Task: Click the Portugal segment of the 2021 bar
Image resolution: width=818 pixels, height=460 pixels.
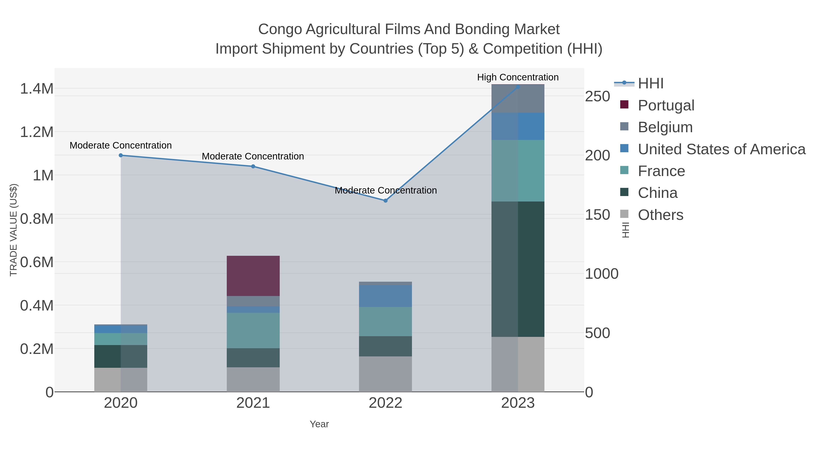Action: pyautogui.click(x=253, y=276)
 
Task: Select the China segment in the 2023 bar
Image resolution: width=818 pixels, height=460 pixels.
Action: pyautogui.click(x=518, y=269)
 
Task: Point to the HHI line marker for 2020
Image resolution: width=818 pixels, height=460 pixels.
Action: pyautogui.click(x=121, y=155)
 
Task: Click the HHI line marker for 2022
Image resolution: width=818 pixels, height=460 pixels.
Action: pyautogui.click(x=386, y=201)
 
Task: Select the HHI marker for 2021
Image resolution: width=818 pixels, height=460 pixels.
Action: pyautogui.click(x=253, y=166)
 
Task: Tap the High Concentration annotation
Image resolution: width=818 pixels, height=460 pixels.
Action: pyautogui.click(x=518, y=77)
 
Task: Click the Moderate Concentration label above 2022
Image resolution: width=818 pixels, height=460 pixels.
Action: pyautogui.click(x=386, y=191)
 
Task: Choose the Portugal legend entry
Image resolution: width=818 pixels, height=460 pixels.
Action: pyautogui.click(x=666, y=105)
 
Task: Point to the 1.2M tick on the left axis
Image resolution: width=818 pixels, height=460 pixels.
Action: pyautogui.click(x=37, y=132)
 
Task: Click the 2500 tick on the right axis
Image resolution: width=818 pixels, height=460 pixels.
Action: pyautogui.click(x=597, y=97)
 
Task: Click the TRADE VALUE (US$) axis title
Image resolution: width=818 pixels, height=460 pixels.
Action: pyautogui.click(x=13, y=230)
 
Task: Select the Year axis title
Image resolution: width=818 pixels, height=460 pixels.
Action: pyautogui.click(x=319, y=424)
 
